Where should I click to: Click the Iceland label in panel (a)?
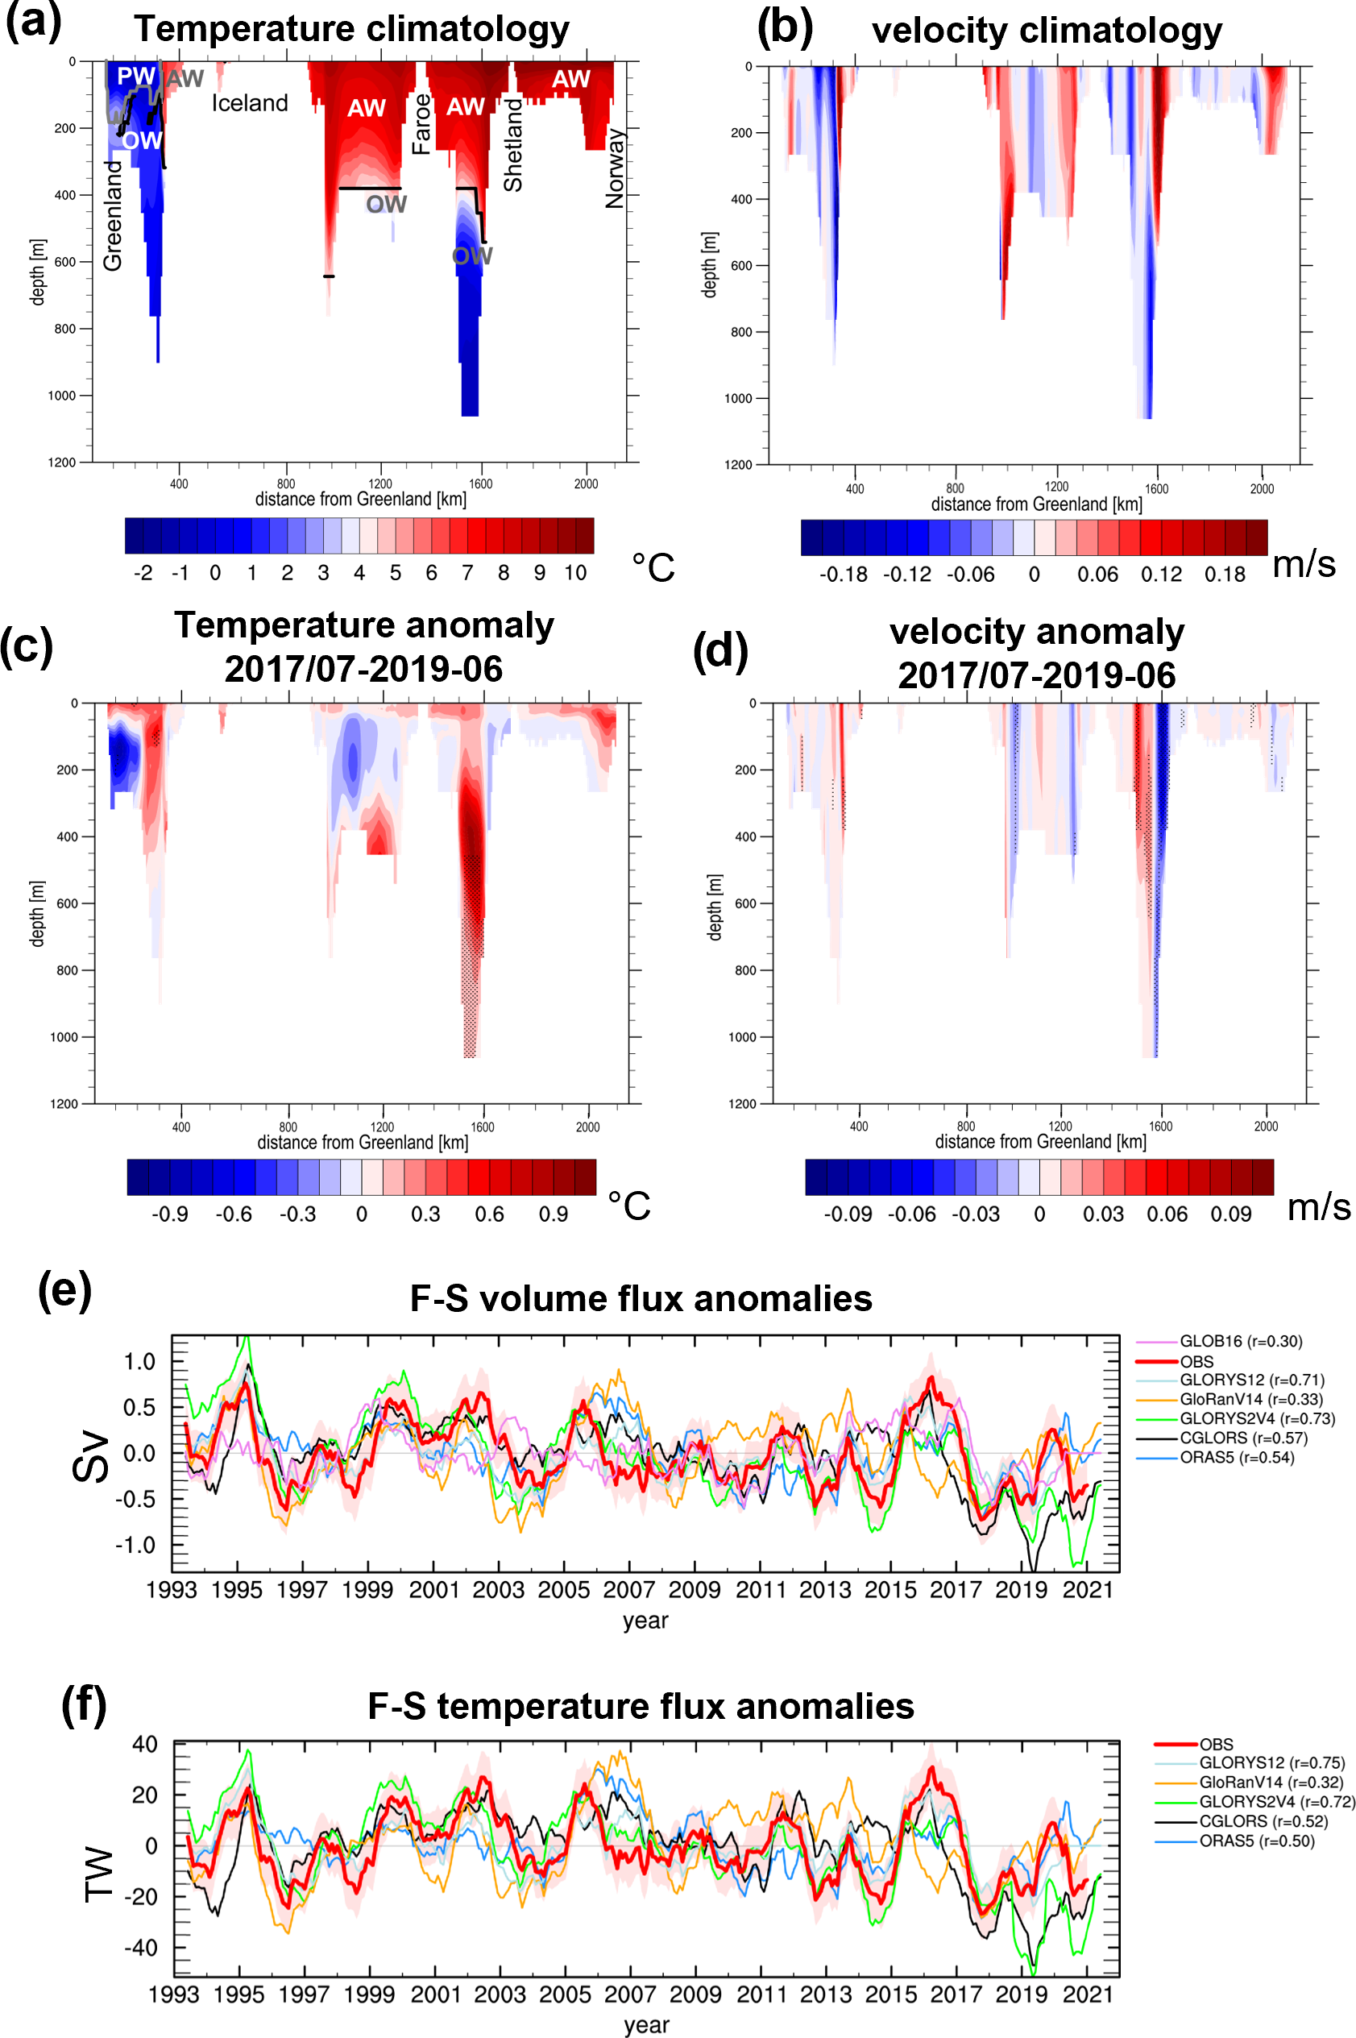click(250, 104)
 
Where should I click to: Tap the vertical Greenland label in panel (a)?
click(114, 215)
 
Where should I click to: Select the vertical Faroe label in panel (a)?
click(421, 125)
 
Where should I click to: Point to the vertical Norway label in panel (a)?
click(615, 168)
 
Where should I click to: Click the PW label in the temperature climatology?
click(136, 76)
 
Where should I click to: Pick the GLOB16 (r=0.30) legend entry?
click(1240, 1342)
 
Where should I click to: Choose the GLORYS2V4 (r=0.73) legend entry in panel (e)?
click(1257, 1418)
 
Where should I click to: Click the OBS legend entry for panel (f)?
click(1216, 1745)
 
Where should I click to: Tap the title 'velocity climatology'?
click(1047, 31)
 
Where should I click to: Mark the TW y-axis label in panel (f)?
click(99, 1875)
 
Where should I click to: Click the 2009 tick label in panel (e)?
click(695, 1590)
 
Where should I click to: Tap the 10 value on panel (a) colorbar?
click(575, 573)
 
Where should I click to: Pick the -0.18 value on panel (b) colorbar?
click(844, 575)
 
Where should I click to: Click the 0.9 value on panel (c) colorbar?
click(554, 1214)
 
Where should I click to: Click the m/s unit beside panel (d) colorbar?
click(1318, 1206)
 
